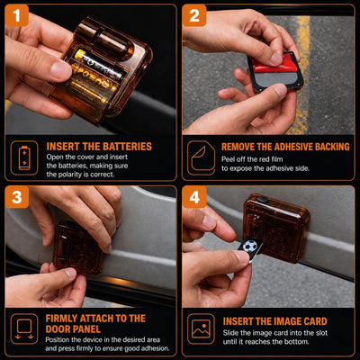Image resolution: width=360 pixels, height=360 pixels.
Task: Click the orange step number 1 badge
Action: pyautogui.click(x=17, y=15)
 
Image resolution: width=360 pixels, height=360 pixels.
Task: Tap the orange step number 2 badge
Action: pyautogui.click(x=194, y=15)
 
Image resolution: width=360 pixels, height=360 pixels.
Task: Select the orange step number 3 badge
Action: pyautogui.click(x=17, y=197)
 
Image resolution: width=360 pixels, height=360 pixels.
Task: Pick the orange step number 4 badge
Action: pyautogui.click(x=194, y=197)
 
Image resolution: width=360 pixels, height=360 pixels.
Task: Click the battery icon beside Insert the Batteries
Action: pyautogui.click(x=24, y=157)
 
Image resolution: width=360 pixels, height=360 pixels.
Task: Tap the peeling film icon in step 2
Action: pyautogui.click(x=201, y=157)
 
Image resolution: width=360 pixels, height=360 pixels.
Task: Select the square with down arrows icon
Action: pyautogui.click(x=24, y=328)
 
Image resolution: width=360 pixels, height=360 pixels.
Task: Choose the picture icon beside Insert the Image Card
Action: pyautogui.click(x=201, y=328)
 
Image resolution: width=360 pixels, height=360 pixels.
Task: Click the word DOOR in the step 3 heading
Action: pyautogui.click(x=58, y=329)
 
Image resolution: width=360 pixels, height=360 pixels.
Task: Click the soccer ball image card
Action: pyautogui.click(x=250, y=247)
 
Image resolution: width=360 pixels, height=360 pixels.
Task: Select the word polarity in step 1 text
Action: pyautogui.click(x=68, y=175)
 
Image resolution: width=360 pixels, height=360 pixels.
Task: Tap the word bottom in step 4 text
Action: pyautogui.click(x=296, y=341)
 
